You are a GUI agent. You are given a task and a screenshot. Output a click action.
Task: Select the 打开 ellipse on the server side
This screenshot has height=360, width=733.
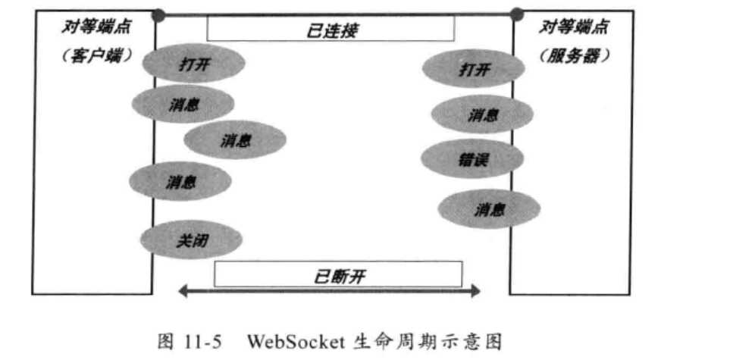pyautogui.click(x=473, y=70)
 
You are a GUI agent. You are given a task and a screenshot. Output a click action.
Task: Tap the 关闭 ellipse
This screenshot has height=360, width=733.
pyautogui.click(x=191, y=241)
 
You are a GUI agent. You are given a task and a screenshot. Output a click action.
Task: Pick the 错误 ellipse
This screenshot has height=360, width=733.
pyautogui.click(x=471, y=158)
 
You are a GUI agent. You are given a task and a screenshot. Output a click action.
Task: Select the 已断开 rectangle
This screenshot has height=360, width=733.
pyautogui.click(x=338, y=274)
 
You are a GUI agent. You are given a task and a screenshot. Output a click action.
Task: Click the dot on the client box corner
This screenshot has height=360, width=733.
pyautogui.click(x=158, y=14)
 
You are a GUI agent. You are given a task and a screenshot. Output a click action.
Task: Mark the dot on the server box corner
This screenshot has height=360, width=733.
pyautogui.click(x=517, y=14)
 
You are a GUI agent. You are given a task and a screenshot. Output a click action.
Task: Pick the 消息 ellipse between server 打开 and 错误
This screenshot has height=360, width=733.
pyautogui.click(x=482, y=114)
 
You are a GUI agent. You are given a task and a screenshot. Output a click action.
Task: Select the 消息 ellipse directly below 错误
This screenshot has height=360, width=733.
pyautogui.click(x=489, y=209)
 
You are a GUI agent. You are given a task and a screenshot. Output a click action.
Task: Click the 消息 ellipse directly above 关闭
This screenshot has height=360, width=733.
pyautogui.click(x=180, y=181)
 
